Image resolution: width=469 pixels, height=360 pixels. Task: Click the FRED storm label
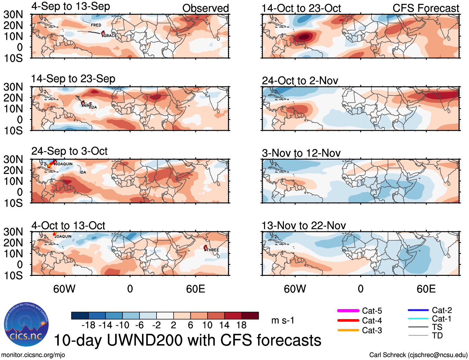(x=96, y=25)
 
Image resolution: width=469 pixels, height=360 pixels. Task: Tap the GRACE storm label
(x=110, y=36)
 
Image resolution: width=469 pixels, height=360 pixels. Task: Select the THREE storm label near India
(x=213, y=250)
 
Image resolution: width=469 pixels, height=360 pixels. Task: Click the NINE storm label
(x=87, y=106)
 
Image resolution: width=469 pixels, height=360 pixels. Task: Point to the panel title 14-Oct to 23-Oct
(x=301, y=8)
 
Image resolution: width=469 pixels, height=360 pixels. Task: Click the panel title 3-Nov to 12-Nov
(x=301, y=153)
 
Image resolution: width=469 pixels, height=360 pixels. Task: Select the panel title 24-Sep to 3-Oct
(x=69, y=151)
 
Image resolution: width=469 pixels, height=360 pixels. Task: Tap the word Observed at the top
(x=206, y=8)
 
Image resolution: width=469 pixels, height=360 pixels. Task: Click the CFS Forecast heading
(x=426, y=8)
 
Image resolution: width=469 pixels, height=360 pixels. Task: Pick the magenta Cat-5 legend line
(x=348, y=311)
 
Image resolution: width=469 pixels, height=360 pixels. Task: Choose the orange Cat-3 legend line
(x=348, y=330)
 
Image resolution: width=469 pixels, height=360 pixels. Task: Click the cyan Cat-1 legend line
(x=418, y=318)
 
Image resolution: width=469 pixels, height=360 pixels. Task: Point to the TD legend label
(x=437, y=335)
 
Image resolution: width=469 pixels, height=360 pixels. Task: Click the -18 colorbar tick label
(x=88, y=325)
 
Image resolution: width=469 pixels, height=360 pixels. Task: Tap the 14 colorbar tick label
(x=224, y=325)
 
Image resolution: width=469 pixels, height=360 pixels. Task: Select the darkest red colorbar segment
(x=250, y=316)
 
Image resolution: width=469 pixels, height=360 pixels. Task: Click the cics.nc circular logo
(x=26, y=325)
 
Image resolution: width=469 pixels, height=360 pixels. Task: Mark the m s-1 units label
(x=283, y=320)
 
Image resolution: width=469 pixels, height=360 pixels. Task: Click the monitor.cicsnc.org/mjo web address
(x=33, y=355)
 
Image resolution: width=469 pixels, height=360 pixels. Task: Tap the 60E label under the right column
(x=426, y=289)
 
